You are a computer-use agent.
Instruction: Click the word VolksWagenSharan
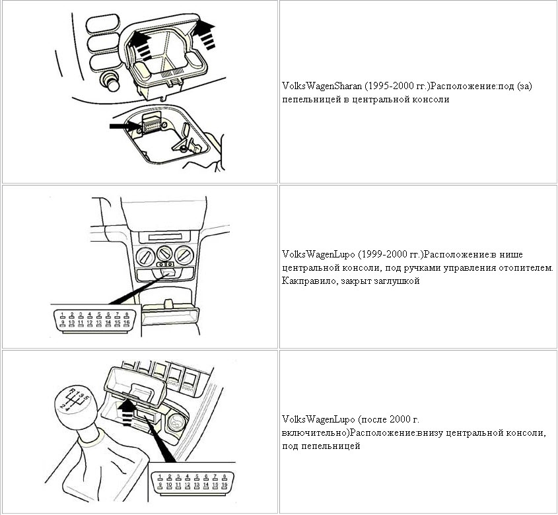click(322, 86)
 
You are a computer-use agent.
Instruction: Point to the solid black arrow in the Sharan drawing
click(125, 126)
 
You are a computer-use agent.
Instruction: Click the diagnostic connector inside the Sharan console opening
click(151, 124)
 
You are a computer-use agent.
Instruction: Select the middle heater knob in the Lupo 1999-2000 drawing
click(164, 254)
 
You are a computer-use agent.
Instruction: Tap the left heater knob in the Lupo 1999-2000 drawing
click(145, 256)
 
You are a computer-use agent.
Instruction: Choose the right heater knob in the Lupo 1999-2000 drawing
click(184, 254)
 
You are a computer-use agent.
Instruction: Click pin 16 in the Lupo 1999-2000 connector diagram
click(126, 323)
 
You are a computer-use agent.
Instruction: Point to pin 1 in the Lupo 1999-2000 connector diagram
click(62, 315)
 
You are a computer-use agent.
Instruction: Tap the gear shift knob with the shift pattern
click(76, 405)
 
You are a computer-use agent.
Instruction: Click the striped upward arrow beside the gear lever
click(127, 412)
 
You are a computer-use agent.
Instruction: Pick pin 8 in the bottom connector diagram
click(225, 477)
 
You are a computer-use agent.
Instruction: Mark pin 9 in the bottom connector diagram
click(160, 485)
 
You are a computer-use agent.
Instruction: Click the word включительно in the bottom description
click(315, 433)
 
